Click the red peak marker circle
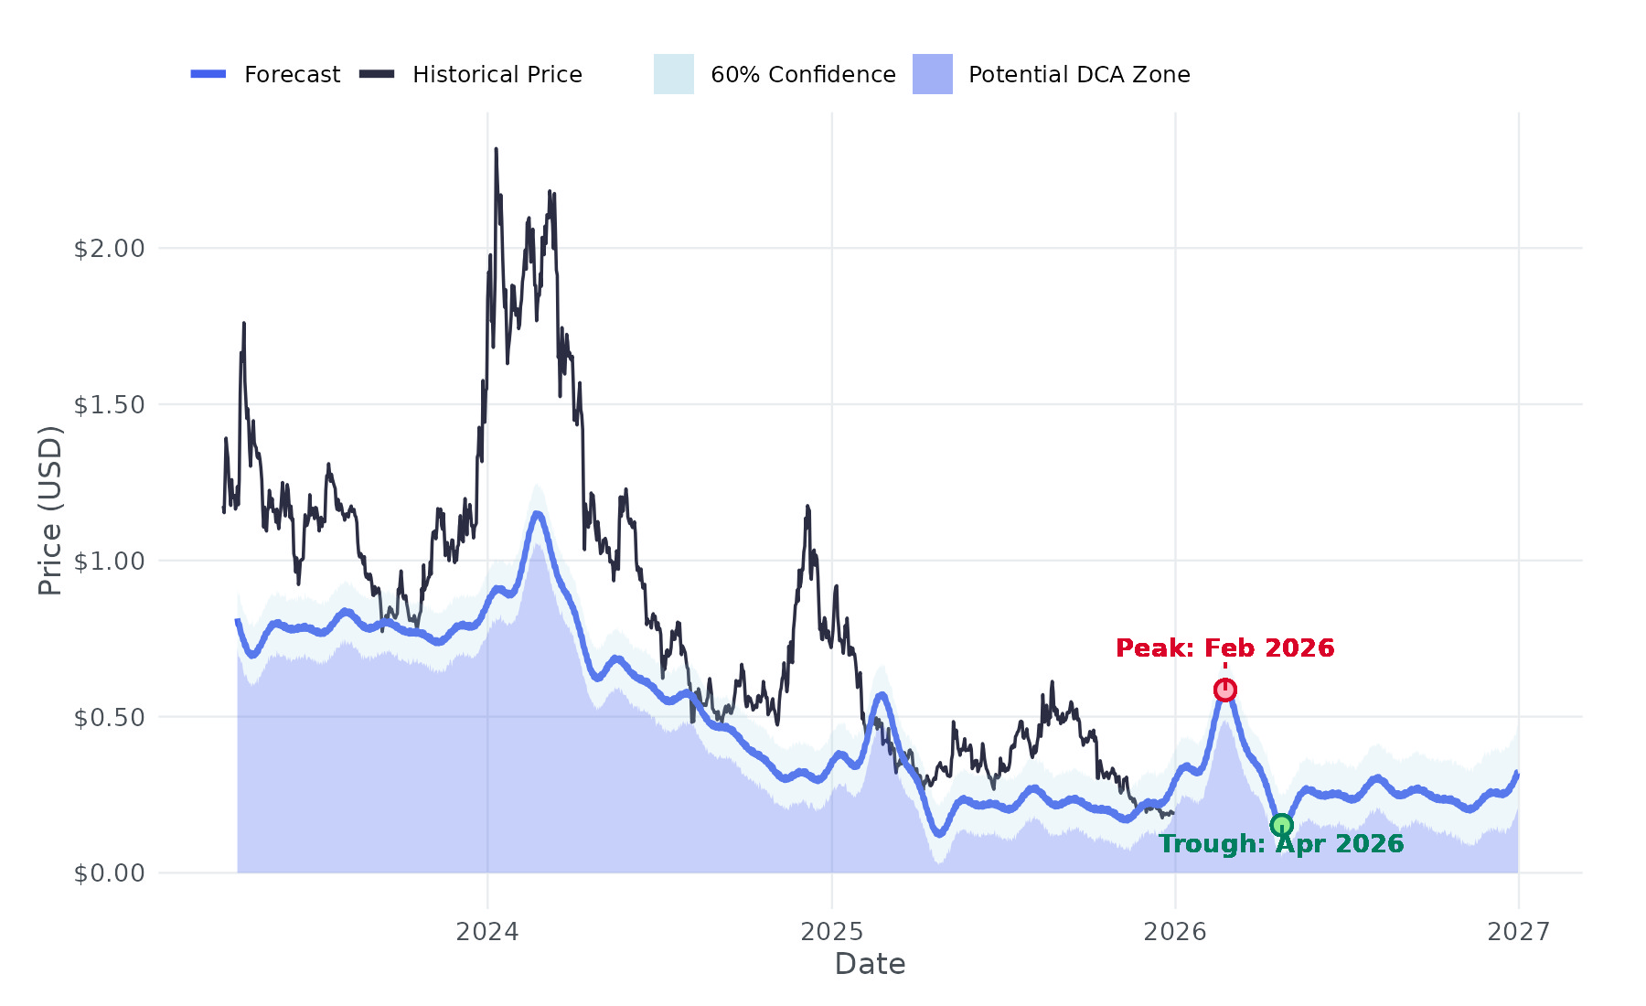(x=1225, y=690)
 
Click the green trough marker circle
(x=1281, y=825)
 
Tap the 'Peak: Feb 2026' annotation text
(x=1224, y=648)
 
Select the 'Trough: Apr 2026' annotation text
(x=1280, y=844)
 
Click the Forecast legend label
(x=292, y=75)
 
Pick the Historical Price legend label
(x=497, y=75)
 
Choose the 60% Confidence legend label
(x=803, y=75)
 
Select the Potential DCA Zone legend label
(x=1079, y=75)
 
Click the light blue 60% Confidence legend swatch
(x=673, y=74)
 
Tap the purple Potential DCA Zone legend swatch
(x=932, y=74)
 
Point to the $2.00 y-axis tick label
(x=109, y=249)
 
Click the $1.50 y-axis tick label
(x=109, y=405)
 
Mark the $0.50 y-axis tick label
(x=109, y=718)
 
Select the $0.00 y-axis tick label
(x=109, y=873)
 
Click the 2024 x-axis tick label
(x=487, y=932)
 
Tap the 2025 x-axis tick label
(x=831, y=932)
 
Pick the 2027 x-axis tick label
(x=1518, y=932)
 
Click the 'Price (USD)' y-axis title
(x=50, y=510)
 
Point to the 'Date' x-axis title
(x=870, y=964)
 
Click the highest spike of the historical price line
(x=496, y=150)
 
